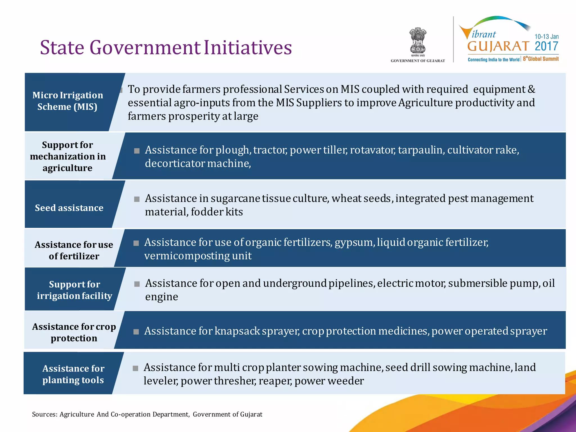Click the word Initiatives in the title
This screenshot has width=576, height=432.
click(x=247, y=47)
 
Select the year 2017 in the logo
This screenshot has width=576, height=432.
click(x=546, y=46)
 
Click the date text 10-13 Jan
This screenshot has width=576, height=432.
click(x=546, y=37)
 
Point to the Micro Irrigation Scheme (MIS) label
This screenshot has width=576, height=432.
click(x=67, y=101)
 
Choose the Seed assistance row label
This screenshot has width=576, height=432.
click(x=69, y=208)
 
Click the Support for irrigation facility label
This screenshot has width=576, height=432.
click(x=74, y=290)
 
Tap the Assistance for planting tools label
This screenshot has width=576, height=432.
click(x=73, y=374)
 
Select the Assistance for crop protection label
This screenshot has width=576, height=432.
click(x=74, y=332)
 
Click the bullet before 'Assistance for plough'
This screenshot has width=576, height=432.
click(x=137, y=151)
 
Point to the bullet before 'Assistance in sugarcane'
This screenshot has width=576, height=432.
click(x=137, y=199)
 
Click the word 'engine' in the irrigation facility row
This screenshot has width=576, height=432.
click(x=161, y=297)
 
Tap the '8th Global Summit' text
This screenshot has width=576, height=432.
click(x=541, y=59)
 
